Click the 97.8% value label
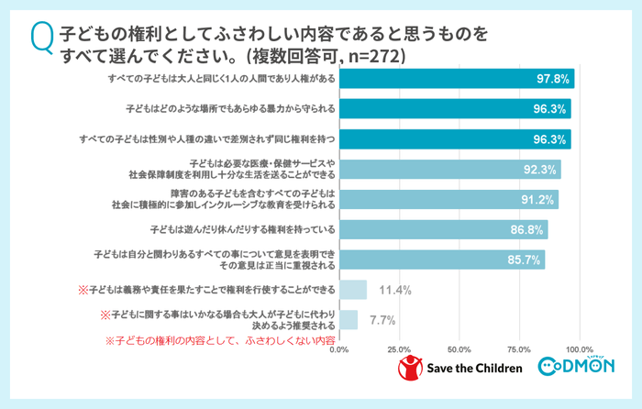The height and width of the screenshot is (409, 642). pyautogui.click(x=553, y=81)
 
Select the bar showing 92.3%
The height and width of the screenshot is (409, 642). pyautogui.click(x=449, y=170)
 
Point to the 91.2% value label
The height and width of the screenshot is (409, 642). pyautogui.click(x=537, y=200)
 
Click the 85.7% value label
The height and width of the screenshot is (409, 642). pyautogui.click(x=525, y=260)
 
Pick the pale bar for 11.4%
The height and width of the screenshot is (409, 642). pyautogui.click(x=353, y=290)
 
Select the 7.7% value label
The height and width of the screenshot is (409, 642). pyautogui.click(x=382, y=320)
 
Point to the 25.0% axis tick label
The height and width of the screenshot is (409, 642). pyautogui.click(x=399, y=349)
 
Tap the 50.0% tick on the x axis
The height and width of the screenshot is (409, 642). pyautogui.click(x=459, y=349)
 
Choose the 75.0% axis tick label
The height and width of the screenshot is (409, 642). pyautogui.click(x=519, y=349)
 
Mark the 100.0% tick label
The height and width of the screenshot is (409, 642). pyautogui.click(x=580, y=349)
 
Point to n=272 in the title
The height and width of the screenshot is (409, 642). pyautogui.click(x=371, y=55)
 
